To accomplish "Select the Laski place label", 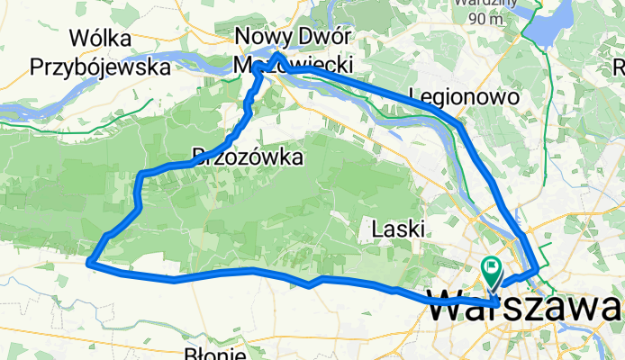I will pyautogui.click(x=397, y=229).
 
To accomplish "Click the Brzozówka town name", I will pyautogui.click(x=248, y=157).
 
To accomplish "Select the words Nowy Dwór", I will pyautogui.click(x=291, y=37).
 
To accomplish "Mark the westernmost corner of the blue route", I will pyautogui.click(x=88, y=262).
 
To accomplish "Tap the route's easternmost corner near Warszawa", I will pyautogui.click(x=539, y=268).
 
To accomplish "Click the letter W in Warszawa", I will pyautogui.click(x=449, y=307).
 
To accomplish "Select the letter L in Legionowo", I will pyautogui.click(x=413, y=95).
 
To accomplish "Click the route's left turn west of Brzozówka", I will pyautogui.click(x=141, y=173).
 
